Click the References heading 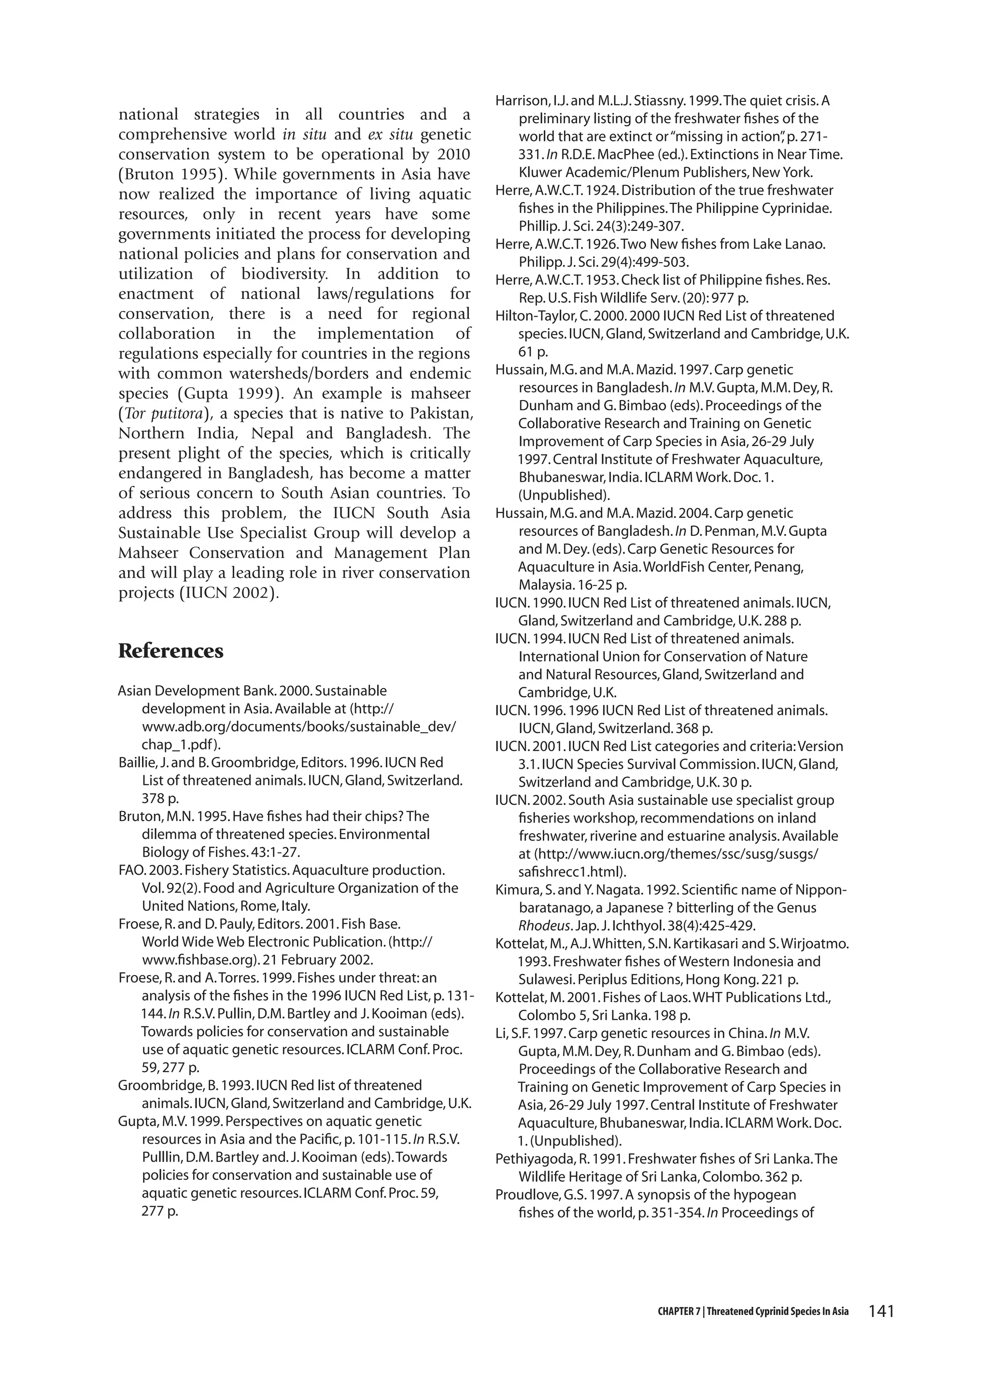pyautogui.click(x=170, y=651)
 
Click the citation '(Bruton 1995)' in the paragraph pyautogui.click(x=170, y=174)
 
